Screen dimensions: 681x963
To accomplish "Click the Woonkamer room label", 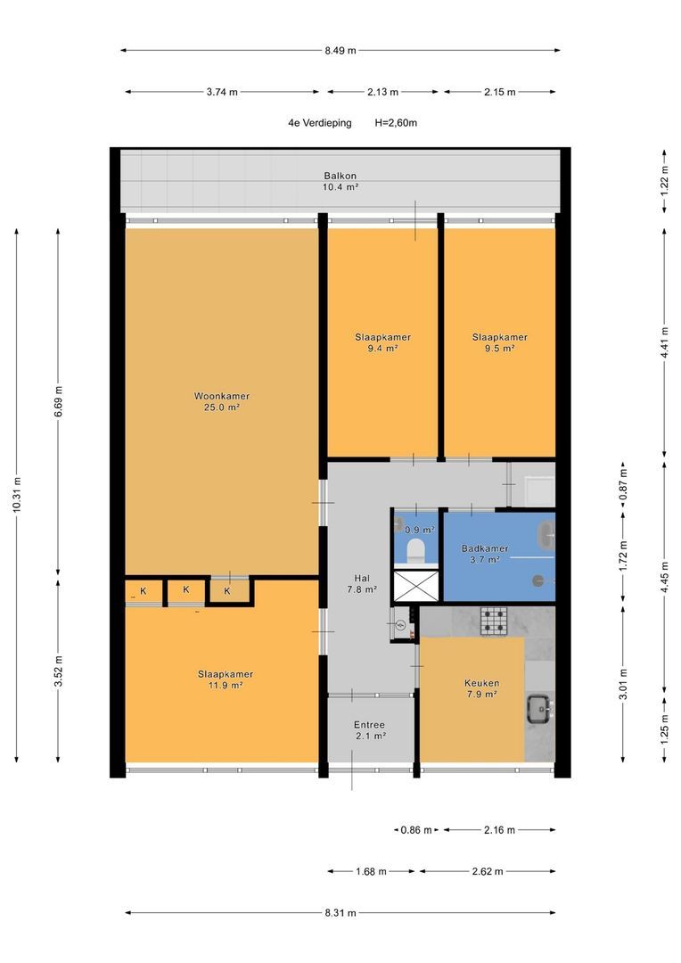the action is [222, 401].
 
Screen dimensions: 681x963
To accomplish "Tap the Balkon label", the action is [340, 181].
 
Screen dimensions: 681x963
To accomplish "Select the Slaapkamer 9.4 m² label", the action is [382, 342].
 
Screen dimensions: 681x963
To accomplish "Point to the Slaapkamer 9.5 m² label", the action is [500, 342].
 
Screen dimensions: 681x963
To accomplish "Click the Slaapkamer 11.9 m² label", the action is [226, 679].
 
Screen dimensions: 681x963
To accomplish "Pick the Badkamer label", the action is [485, 554].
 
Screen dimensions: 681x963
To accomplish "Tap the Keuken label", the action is [481, 688].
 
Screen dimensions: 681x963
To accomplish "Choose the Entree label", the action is [369, 730].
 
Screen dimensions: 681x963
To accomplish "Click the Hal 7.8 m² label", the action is [362, 583].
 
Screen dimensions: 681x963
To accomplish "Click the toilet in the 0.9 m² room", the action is [415, 549].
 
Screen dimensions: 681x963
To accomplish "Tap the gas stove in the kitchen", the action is [494, 621].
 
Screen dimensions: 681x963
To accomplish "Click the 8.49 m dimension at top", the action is [340, 50].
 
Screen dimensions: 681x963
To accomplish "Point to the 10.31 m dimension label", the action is [17, 494].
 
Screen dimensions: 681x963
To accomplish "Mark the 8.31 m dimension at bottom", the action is [340, 913].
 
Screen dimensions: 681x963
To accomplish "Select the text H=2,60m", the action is [396, 123].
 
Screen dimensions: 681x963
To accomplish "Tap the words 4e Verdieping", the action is [320, 123].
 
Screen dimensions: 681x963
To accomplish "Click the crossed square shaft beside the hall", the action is [415, 586].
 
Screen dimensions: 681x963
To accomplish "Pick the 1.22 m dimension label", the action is [664, 181].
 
